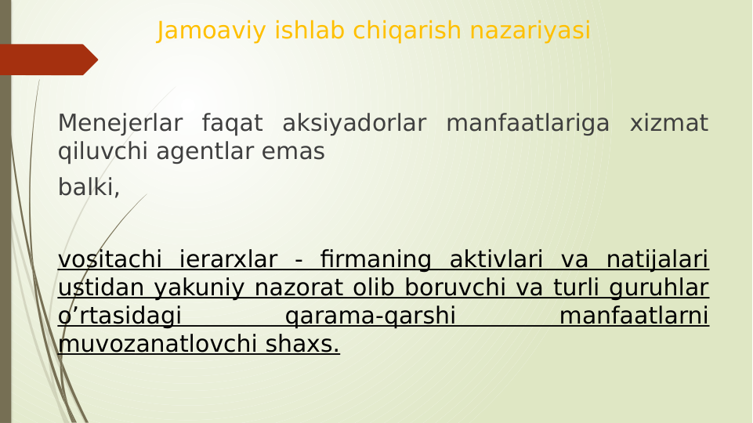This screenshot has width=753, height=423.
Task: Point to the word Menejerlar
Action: coord(120,124)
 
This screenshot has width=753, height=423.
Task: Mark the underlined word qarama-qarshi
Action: coord(371,316)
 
